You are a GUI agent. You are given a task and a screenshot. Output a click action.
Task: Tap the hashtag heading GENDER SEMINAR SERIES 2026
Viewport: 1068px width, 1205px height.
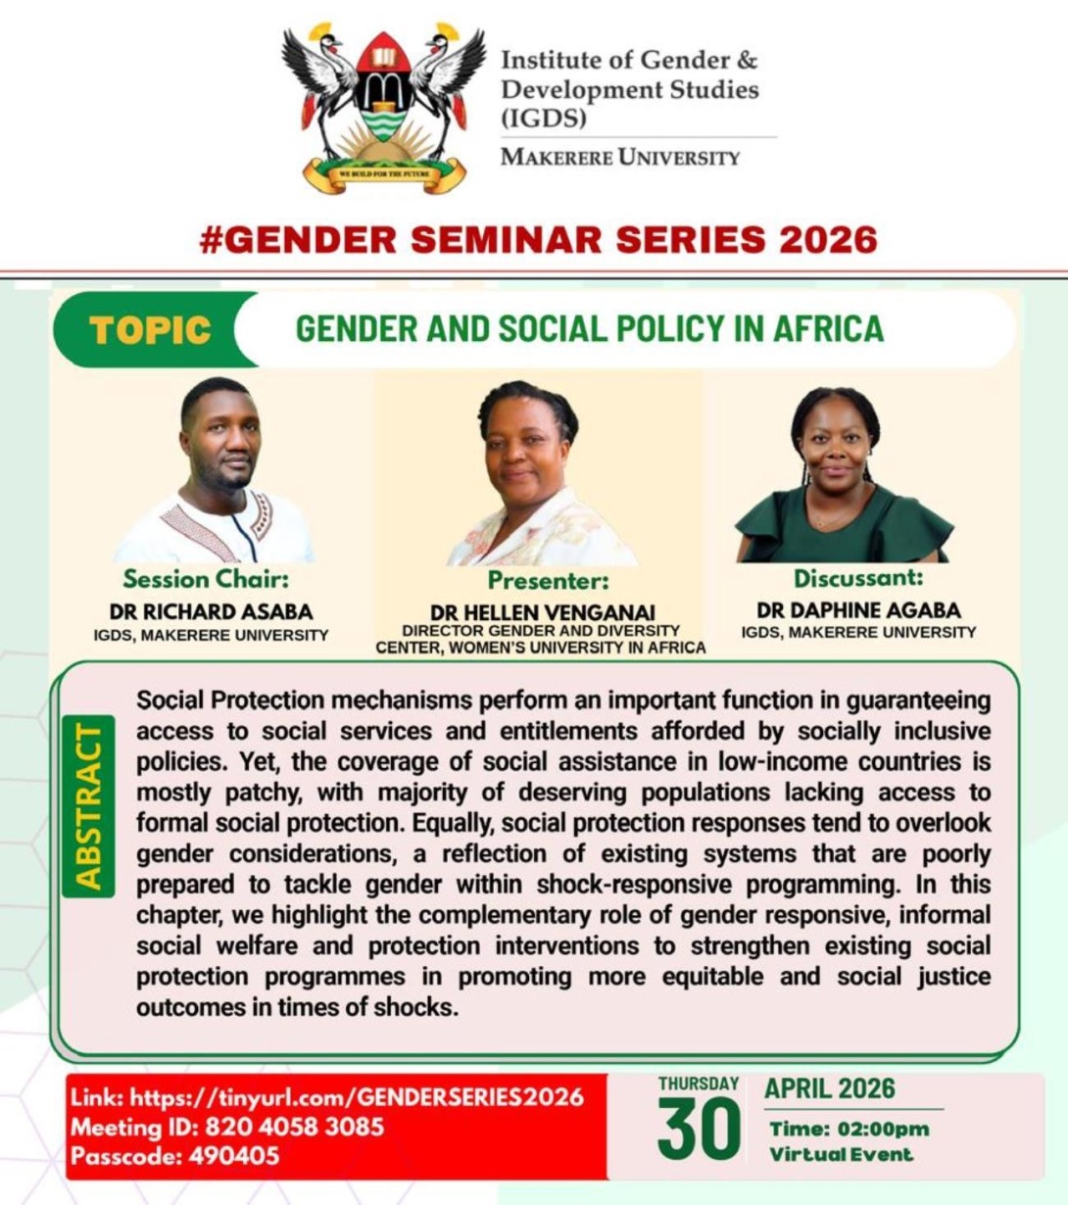coord(538,240)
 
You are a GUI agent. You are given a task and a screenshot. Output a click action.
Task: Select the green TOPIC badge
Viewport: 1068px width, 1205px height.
coord(150,329)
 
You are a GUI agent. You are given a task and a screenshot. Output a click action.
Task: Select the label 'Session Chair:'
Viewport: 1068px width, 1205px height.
coord(206,578)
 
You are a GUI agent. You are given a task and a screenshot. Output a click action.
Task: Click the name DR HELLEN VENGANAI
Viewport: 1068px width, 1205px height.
coord(542,614)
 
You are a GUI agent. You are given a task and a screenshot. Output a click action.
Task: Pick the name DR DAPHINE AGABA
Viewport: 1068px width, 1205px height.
coord(858,610)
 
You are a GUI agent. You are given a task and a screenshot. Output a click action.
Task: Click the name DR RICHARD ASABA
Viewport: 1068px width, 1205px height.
coord(211,612)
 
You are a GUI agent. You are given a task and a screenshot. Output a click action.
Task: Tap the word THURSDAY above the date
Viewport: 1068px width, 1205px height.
coord(698,1084)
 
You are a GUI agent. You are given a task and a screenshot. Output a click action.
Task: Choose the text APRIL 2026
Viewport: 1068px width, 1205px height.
coord(830,1088)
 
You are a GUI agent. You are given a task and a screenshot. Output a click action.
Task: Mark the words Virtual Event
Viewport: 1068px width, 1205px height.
coord(841,1154)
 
